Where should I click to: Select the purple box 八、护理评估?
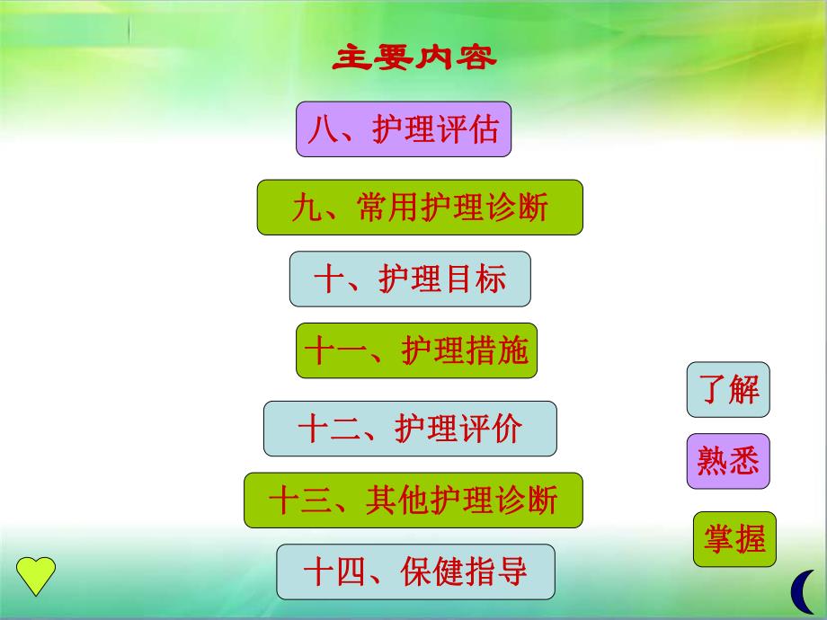click(404, 129)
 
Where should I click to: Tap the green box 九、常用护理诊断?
click(420, 208)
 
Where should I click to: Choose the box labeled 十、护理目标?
click(410, 279)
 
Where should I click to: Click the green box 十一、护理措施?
click(416, 350)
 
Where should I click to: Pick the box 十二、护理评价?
click(410, 429)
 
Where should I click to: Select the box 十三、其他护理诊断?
click(413, 500)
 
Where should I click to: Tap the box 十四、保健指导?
click(415, 571)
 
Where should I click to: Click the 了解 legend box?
click(728, 390)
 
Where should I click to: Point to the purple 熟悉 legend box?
click(728, 462)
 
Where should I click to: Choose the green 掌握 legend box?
click(734, 539)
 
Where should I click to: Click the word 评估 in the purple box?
click(472, 129)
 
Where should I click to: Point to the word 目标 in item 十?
click(476, 279)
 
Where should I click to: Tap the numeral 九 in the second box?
click(307, 208)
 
